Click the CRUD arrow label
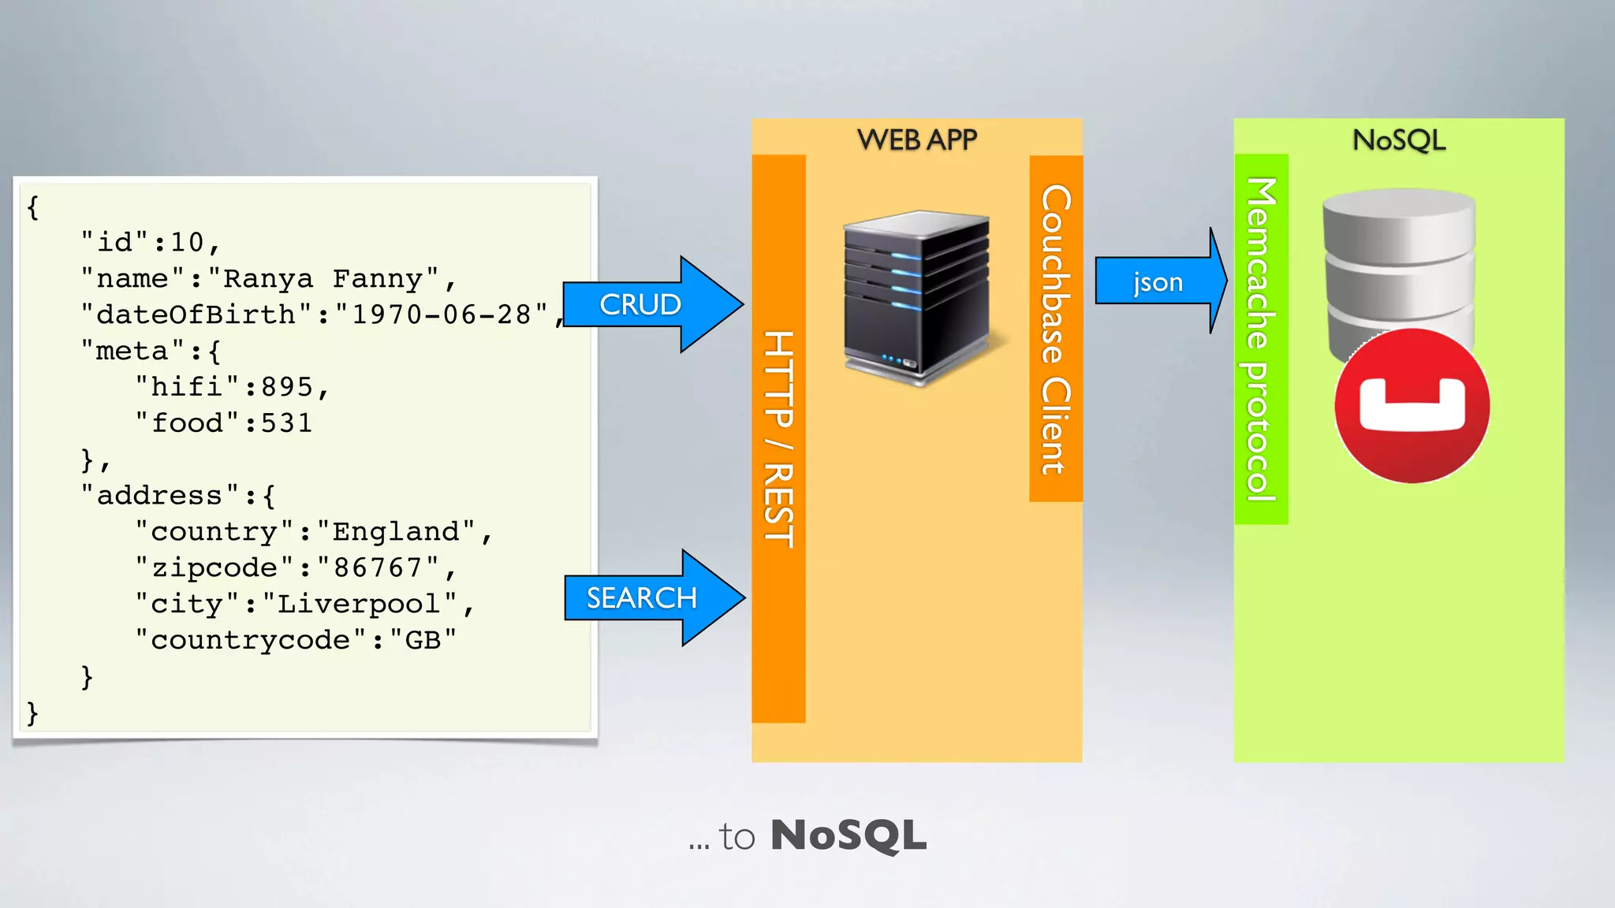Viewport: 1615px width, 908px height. (640, 304)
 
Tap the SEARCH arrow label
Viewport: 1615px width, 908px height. (641, 598)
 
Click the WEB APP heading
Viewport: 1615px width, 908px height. (916, 140)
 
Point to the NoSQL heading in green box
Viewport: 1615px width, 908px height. (1399, 140)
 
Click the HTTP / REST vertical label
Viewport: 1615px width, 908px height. (778, 438)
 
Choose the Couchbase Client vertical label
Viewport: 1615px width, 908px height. (1056, 329)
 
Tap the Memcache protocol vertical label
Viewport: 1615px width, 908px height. (1261, 339)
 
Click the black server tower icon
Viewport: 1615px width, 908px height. (916, 298)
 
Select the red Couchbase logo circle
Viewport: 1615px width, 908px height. (1412, 406)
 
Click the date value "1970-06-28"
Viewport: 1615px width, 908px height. (442, 314)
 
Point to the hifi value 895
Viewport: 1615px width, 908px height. (288, 387)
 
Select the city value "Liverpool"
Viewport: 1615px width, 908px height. (360, 604)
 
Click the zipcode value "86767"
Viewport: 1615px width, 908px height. (379, 567)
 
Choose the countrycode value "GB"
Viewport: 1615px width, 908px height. (423, 640)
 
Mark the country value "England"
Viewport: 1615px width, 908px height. (397, 531)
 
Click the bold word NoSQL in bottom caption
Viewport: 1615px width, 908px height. (848, 835)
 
